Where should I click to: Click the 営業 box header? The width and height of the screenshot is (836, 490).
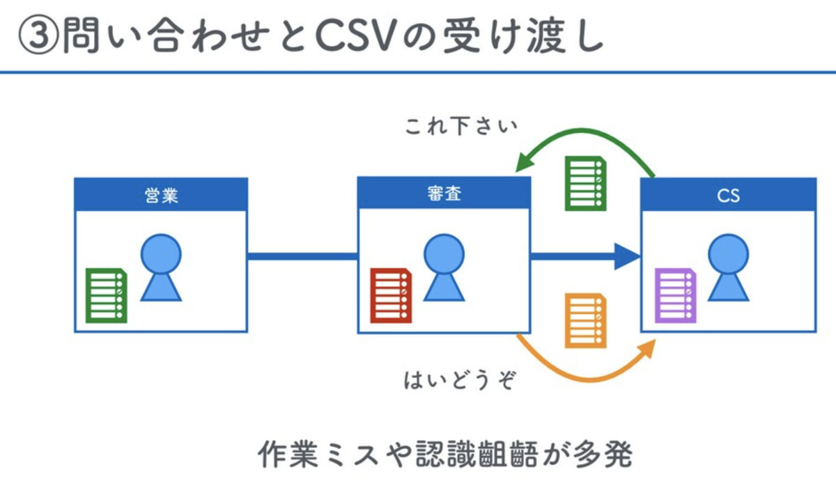pyautogui.click(x=161, y=195)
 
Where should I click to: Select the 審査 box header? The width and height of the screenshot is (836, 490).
pyautogui.click(x=444, y=195)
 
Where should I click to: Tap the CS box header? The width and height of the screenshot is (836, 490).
pyautogui.click(x=728, y=196)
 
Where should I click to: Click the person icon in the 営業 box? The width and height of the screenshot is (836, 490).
pyautogui.click(x=161, y=267)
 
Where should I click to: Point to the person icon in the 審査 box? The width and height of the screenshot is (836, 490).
pyautogui.click(x=444, y=267)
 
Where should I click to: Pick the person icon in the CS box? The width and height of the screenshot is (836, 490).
pyautogui.click(x=728, y=267)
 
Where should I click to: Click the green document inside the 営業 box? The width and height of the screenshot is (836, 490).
pyautogui.click(x=106, y=295)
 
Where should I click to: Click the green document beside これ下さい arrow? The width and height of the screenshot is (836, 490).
pyautogui.click(x=585, y=183)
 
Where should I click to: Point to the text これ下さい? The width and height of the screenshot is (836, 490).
pyautogui.click(x=461, y=127)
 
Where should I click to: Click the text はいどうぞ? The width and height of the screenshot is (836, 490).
pyautogui.click(x=460, y=381)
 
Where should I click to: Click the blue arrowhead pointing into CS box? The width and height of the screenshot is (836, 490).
pyautogui.click(x=627, y=257)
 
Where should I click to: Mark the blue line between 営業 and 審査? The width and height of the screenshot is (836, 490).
pyautogui.click(x=302, y=257)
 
